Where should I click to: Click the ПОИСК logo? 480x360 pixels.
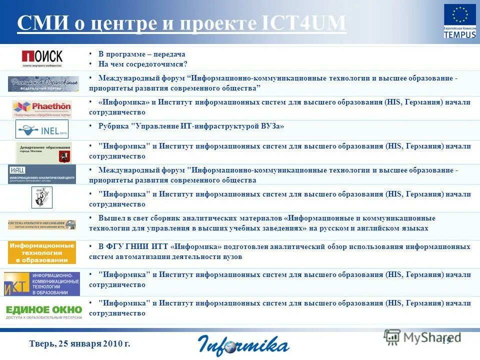tap(42, 58)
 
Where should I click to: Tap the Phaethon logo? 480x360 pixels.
tap(42, 108)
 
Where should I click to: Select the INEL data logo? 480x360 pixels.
tap(42, 129)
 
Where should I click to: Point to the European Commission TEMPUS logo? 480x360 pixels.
tap(460, 21)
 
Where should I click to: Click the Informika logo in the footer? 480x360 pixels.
tap(243, 344)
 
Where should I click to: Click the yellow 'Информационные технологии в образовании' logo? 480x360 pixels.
tap(42, 252)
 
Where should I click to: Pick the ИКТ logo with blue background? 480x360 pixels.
tap(42, 283)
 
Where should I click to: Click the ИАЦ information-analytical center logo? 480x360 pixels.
tap(42, 174)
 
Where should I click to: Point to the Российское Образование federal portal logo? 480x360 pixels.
tap(43, 83)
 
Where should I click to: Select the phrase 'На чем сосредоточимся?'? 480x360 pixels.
tap(142, 64)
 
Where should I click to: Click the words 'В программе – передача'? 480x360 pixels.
tap(141, 54)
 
